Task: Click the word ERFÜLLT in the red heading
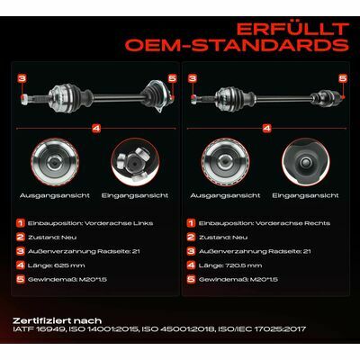[292, 29]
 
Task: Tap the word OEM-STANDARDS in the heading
[237, 45]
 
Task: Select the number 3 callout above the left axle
[22, 78]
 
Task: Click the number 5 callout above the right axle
[343, 78]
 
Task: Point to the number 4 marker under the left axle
[96, 129]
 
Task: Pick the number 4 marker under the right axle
[266, 129]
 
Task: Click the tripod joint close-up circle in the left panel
[135, 162]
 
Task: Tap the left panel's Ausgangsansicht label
[55, 195]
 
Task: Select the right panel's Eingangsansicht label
[305, 195]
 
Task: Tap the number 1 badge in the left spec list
[21, 223]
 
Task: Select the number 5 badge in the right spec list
[191, 280]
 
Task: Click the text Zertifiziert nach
[58, 320]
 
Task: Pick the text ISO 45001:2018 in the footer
[178, 329]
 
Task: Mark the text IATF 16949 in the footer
[39, 329]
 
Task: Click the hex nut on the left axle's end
[24, 99]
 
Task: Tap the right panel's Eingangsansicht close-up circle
[305, 162]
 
